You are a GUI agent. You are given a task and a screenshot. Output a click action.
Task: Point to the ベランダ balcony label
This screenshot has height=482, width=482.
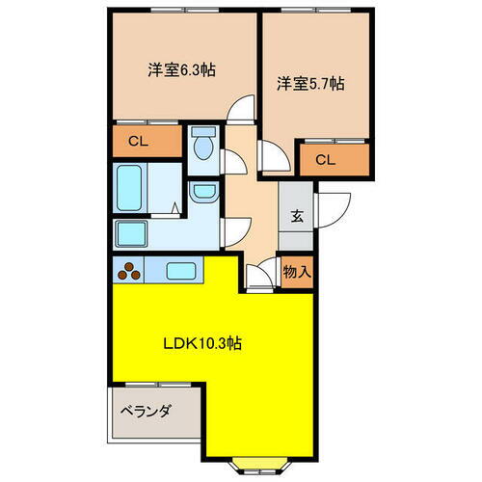[x=146, y=412]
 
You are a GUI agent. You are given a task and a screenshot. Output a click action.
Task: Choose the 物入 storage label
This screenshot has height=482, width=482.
[x=297, y=272]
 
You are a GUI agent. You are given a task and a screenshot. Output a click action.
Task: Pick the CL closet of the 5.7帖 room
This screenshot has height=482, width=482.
[x=325, y=159]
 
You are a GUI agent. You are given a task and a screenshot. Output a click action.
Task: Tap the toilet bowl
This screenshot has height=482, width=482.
[x=202, y=147]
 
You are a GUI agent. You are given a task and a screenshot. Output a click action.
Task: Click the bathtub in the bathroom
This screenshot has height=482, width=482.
[x=131, y=187]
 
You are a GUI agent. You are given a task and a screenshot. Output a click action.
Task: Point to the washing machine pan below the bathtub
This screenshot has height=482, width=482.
[x=131, y=234]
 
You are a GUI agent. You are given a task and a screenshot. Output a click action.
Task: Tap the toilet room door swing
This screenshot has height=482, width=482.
[x=231, y=161]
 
